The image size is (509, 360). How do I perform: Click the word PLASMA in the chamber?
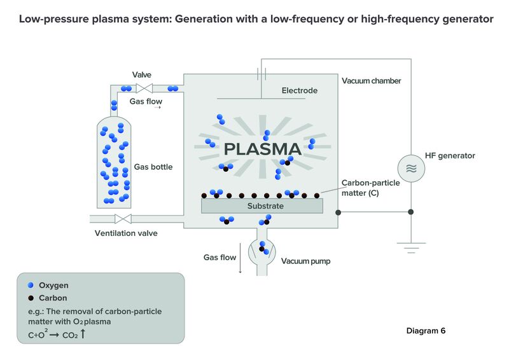pos(263,149)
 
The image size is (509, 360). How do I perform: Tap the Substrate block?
pos(262,206)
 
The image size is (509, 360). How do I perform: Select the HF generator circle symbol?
pos(411,169)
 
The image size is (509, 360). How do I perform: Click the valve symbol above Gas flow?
pos(144,88)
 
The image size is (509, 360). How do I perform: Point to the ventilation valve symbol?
pos(123,219)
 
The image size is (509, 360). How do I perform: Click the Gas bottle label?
pos(153,167)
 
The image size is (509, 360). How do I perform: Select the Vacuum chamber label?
pos(372,81)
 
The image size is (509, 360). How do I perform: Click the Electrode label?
pos(300,90)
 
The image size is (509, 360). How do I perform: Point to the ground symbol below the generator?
pos(411,247)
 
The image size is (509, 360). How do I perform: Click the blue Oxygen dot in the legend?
pos(31,285)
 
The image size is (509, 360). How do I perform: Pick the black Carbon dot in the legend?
pos(31,298)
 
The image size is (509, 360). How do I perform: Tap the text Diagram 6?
pos(426,331)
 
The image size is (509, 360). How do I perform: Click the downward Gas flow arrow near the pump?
pos(241,258)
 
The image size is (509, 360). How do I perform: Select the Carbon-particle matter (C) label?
pos(371,188)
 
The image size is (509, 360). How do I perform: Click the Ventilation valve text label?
pos(126,233)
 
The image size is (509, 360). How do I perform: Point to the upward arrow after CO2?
pos(83,334)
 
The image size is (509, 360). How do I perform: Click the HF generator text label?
pos(450,156)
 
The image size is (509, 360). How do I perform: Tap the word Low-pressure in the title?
pos(53,19)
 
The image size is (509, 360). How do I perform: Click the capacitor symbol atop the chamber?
pos(261,74)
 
